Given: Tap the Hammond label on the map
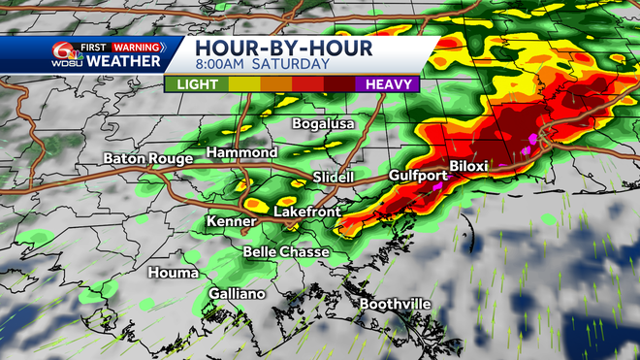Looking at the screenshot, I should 241,153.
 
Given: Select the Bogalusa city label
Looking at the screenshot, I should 325,124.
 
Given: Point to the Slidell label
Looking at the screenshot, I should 335,177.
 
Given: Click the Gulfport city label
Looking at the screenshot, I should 418,176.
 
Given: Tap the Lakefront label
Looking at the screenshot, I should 306,211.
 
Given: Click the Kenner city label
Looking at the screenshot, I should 230,222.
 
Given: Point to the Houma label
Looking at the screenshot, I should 171,273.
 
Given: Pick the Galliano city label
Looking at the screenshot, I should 236,294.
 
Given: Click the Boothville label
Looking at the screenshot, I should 395,305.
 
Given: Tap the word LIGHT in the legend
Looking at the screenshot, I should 197,83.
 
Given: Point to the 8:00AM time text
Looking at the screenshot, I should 224,64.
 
